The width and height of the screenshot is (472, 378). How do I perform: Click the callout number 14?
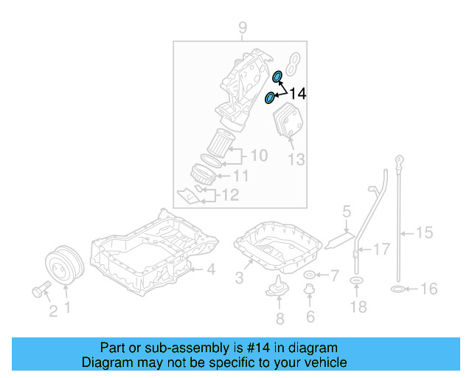click(297, 94)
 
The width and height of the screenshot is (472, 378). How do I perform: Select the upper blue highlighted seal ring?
click(278, 77)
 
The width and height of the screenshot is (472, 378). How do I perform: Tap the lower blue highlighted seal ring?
click(270, 97)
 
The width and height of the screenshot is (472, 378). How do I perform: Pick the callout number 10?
click(259, 156)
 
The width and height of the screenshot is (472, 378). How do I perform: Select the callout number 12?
click(230, 195)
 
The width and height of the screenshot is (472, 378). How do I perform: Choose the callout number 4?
click(210, 270)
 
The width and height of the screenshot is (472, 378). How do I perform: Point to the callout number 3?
click(239, 278)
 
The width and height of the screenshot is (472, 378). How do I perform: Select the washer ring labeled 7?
click(309, 276)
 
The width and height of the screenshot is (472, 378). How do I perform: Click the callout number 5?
click(346, 214)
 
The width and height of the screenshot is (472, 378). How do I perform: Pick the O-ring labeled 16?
click(397, 289)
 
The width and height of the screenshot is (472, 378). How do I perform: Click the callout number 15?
click(423, 233)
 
